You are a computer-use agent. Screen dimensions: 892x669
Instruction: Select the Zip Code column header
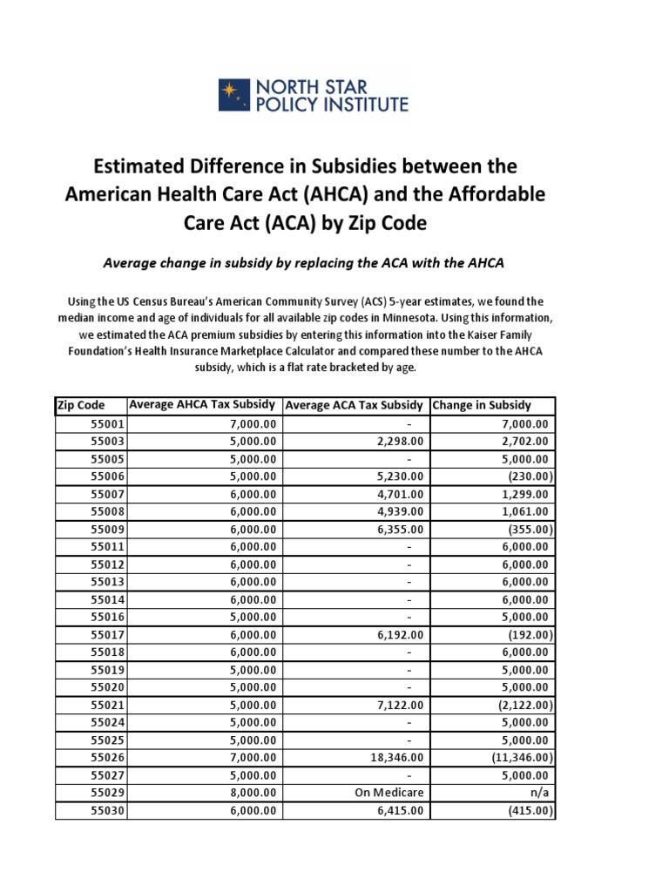click(x=81, y=405)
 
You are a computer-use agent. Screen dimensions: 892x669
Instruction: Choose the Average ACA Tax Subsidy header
click(x=355, y=405)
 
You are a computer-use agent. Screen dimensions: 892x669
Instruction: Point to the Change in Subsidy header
click(x=481, y=405)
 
